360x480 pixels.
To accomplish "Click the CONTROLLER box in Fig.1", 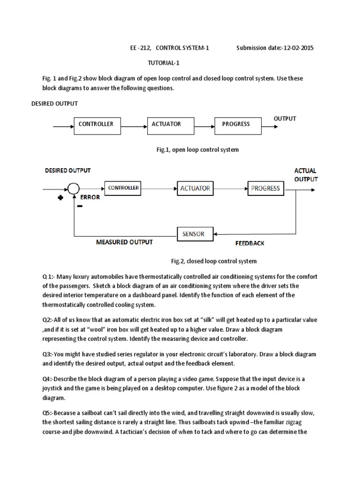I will tap(96, 125).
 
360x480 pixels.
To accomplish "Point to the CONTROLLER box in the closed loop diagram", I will tap(123, 188).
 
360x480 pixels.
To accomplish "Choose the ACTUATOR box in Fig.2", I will tap(195, 188).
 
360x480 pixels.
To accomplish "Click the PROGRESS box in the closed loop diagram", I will tap(265, 188).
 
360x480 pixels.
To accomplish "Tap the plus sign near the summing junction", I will tap(60, 198).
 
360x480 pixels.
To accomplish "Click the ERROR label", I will tap(90, 197).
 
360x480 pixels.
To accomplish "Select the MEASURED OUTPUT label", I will tap(124, 242).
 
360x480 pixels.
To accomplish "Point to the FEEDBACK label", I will tap(249, 243).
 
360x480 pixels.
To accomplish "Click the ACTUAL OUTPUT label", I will tap(306, 175).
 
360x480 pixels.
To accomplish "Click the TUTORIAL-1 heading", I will tap(164, 63).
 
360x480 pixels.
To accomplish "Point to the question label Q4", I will tap(47, 378).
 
